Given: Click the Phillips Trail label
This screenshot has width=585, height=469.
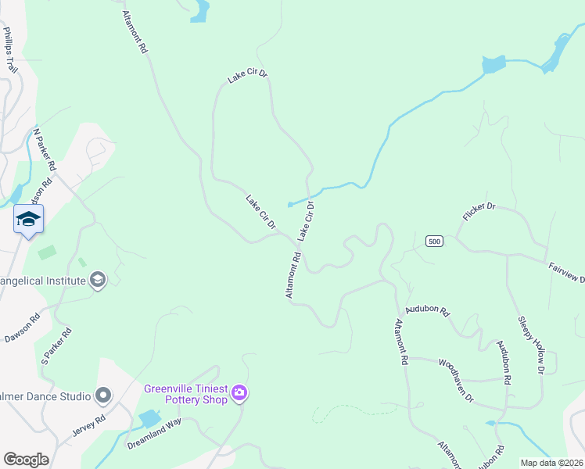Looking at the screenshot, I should [x=10, y=51].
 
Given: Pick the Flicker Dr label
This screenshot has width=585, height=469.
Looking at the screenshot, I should [x=479, y=212].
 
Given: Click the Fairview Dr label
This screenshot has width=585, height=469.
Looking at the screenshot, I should [x=566, y=272].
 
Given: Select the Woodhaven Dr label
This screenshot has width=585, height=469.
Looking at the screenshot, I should [x=456, y=381].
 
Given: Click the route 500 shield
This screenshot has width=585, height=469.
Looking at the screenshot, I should [x=435, y=242].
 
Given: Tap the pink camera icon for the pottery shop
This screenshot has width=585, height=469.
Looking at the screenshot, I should [x=239, y=393].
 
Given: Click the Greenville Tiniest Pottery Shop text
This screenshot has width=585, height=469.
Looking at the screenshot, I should [x=185, y=394].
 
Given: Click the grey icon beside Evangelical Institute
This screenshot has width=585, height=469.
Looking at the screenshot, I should [x=97, y=280].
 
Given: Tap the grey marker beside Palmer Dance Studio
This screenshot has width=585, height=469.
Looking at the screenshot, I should [x=103, y=396].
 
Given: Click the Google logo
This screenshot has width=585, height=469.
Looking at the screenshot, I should [x=26, y=460].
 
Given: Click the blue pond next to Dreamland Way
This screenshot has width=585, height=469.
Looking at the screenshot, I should [x=149, y=418].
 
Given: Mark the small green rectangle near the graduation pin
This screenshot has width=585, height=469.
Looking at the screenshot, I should [x=47, y=252].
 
